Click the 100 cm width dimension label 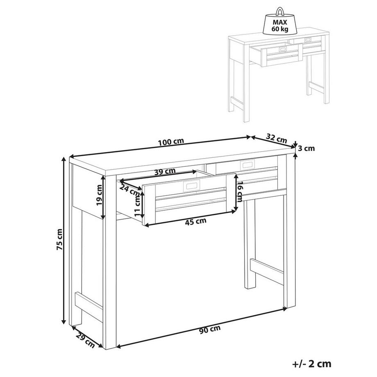pos(171,142)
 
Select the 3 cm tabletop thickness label pos(307,148)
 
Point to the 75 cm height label pos(59,239)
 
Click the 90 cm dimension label pos(210,329)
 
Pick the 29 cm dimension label pos(85,340)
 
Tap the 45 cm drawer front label pos(195,221)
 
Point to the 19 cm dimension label pos(99,195)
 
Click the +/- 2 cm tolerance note pos(312,364)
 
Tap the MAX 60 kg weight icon pos(279,21)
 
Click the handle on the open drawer pos(191,186)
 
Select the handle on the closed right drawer pos(247,165)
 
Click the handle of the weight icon pos(279,11)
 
